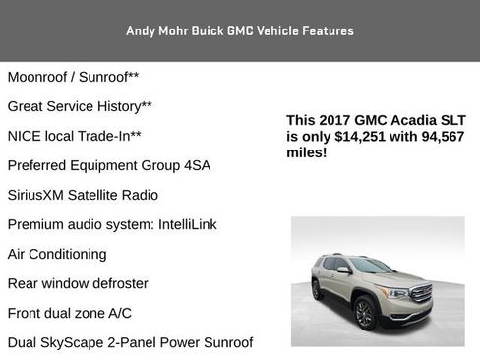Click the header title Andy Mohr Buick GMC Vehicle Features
point(239,30)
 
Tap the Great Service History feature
point(80,105)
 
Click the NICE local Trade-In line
point(75,135)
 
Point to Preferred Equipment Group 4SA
point(108,164)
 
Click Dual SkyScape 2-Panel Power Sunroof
point(130,342)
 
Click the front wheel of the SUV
point(365,314)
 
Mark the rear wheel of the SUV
point(317,290)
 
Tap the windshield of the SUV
point(370,266)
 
